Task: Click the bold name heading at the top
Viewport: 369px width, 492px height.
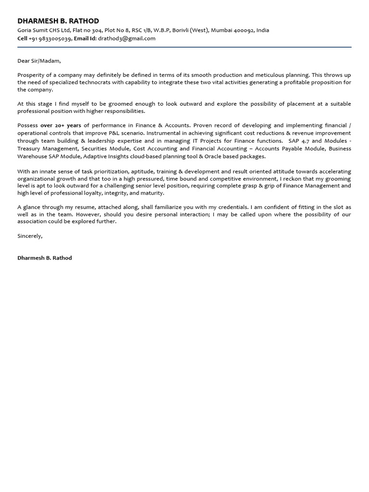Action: [x=58, y=21]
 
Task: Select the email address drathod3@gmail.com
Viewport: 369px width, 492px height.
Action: [x=127, y=38]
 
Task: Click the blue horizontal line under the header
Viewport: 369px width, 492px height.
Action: [x=184, y=47]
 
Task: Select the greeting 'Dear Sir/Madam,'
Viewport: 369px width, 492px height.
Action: [x=39, y=61]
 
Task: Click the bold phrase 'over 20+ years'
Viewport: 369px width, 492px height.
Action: [x=61, y=125]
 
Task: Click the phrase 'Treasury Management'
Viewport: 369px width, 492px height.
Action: [x=44, y=149]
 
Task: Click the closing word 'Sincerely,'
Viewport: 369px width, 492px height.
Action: [x=30, y=236]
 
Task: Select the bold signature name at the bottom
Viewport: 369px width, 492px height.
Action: [x=45, y=258]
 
